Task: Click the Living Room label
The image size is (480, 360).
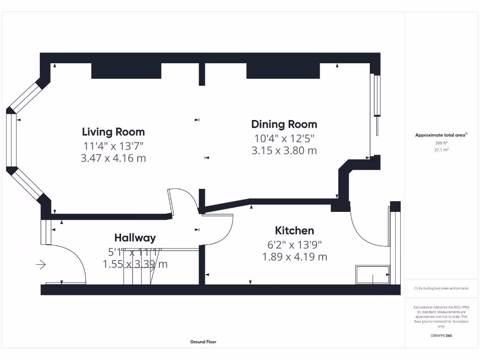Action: coord(113,132)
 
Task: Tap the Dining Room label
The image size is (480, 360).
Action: coord(284,124)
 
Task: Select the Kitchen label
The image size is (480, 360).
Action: coord(294,231)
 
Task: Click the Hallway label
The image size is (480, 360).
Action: coord(135,238)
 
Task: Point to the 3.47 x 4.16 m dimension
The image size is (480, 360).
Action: coord(113,158)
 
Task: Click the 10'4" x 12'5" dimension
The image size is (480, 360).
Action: coord(284,138)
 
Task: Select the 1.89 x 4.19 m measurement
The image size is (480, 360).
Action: coord(294,256)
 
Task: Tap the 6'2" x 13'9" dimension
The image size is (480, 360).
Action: coord(294,244)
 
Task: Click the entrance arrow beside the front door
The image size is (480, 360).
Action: coord(41,265)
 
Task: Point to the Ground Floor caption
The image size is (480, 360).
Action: coord(203,342)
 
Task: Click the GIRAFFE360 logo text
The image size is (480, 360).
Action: coord(441,336)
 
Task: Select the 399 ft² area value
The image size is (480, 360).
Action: coord(441,143)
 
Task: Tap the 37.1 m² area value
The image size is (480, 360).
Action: coord(441,150)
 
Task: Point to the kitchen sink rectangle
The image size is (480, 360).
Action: coord(373,275)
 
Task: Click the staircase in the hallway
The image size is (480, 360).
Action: coord(138,267)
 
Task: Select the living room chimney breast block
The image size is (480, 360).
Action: coord(126,70)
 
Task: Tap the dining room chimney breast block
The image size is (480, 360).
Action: coord(283,70)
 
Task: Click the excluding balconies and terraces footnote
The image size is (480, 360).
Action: coord(441,288)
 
